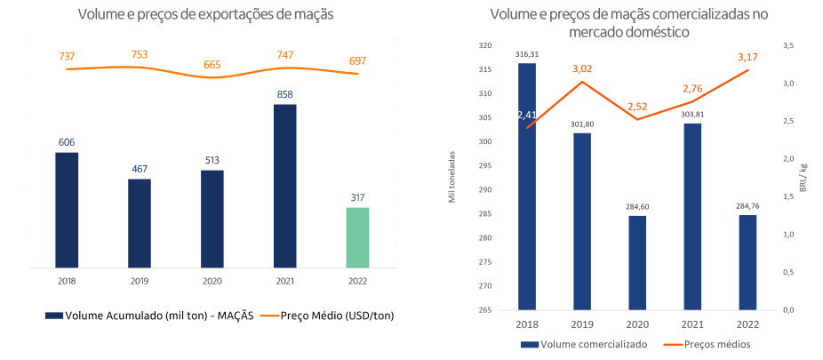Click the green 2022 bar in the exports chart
point(356,236)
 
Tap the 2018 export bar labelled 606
point(67,209)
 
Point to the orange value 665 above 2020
point(212,64)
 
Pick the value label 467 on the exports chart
point(140,168)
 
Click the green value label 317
point(356,197)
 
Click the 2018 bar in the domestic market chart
point(527,187)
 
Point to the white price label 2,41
point(527,115)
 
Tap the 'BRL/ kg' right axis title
point(803,178)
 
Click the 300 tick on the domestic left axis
point(483,142)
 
